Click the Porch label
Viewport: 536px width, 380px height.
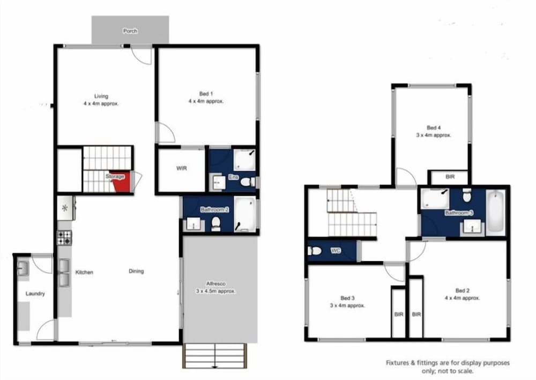click(x=130, y=31)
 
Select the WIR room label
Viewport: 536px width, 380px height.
click(x=182, y=168)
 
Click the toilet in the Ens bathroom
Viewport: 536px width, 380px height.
click(x=246, y=182)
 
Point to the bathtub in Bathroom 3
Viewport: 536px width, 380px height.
click(x=495, y=212)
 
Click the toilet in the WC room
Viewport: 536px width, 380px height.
click(x=314, y=251)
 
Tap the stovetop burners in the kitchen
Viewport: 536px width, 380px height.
click(x=64, y=238)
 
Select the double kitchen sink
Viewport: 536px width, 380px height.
click(x=64, y=273)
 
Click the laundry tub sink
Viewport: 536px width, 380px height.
click(x=23, y=268)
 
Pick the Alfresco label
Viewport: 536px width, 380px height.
click(x=215, y=284)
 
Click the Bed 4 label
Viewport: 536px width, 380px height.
click(x=434, y=128)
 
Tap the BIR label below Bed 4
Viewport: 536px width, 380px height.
click(x=450, y=177)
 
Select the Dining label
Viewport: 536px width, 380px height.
click(x=136, y=271)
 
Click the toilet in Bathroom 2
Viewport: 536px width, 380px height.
click(x=215, y=224)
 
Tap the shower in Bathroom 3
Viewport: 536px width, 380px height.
click(x=435, y=199)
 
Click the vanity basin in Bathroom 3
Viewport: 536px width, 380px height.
click(x=472, y=227)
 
